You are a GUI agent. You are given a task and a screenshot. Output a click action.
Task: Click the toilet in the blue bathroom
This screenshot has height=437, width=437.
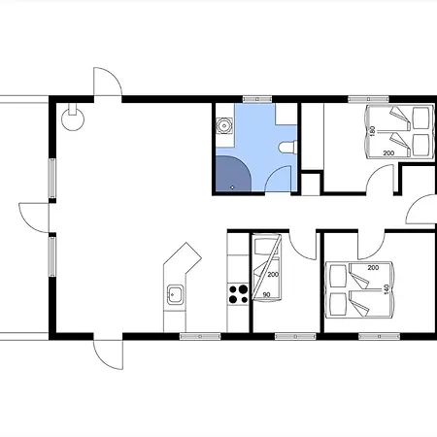pos(287,148)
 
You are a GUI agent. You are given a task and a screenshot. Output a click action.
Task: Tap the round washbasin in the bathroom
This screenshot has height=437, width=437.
pos(224,125)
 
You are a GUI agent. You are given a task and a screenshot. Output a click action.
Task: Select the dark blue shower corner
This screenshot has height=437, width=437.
pos(233,174)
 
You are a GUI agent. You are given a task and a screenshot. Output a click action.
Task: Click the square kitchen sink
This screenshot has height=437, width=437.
pos(175,294)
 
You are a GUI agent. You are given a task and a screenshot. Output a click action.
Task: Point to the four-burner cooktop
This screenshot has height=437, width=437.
pos(238,294)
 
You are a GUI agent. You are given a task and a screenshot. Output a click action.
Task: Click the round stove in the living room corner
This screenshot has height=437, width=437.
pos(73,118)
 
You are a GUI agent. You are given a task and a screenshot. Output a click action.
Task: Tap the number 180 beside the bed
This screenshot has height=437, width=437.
pos(372,131)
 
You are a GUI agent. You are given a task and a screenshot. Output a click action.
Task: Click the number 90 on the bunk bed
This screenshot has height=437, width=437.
pos(266,295)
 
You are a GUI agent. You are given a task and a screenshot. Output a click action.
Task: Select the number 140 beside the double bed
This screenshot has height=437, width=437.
pos(386,289)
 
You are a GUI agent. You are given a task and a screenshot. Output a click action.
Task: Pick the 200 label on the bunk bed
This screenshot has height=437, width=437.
pos(273,275)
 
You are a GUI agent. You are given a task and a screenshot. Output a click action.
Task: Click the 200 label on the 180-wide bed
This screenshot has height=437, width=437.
pos(388,153)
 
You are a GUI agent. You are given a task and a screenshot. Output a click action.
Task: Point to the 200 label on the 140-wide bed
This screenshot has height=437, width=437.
pos(373,268)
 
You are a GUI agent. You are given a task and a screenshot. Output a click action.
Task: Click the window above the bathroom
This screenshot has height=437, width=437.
pos(257,99)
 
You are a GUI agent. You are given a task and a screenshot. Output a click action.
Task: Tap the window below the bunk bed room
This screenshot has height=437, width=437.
pos(295,337)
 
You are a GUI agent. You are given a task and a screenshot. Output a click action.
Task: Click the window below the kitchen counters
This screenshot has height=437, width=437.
pos(200,337)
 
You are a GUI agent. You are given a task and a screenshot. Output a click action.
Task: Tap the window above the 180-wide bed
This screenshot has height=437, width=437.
pos(368,99)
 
